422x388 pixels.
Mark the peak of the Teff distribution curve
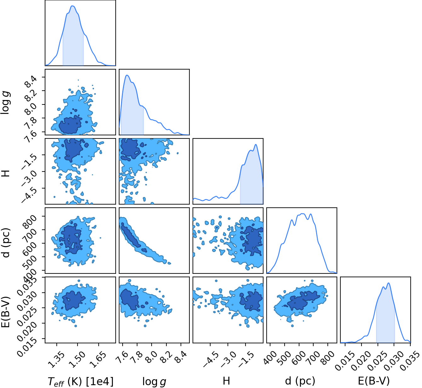72,6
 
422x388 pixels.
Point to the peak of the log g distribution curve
127,75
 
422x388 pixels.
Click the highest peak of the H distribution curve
256,144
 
